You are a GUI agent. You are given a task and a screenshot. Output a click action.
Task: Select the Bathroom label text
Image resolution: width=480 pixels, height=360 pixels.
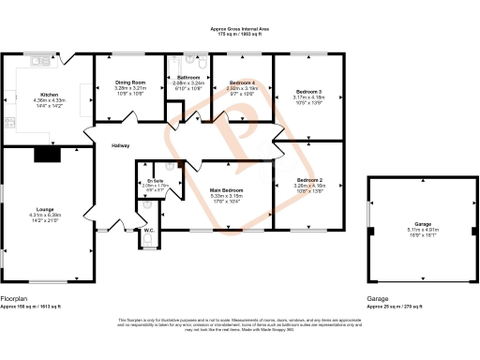tap(188, 77)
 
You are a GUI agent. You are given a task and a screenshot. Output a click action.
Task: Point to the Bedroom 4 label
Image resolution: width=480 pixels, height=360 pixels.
tap(243, 82)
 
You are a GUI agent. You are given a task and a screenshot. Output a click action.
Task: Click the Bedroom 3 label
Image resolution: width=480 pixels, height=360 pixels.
tap(308, 91)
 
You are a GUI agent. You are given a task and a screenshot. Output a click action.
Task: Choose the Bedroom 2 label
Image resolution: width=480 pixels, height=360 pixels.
tap(308, 179)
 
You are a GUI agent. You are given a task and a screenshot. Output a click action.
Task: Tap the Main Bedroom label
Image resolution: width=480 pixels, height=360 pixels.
tap(227, 190)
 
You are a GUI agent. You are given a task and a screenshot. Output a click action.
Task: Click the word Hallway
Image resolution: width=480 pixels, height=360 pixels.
tap(121, 145)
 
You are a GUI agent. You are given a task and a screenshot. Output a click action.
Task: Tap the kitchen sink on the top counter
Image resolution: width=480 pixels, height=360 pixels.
tap(40, 62)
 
